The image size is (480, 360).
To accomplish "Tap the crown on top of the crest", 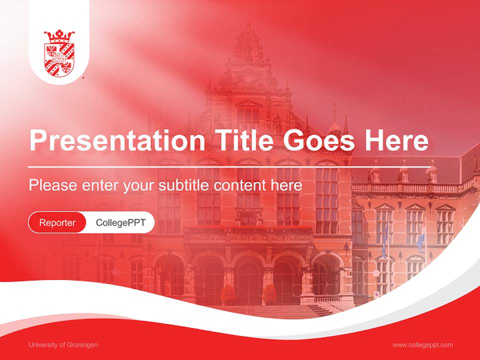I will tap(59, 36).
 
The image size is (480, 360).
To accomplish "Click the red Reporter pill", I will tap(57, 222).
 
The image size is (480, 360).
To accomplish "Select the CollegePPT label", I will tap(120, 222).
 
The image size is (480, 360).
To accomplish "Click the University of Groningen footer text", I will tap(63, 345).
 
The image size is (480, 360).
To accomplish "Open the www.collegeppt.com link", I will tap(422, 345).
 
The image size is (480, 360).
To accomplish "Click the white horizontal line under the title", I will tap(230, 166).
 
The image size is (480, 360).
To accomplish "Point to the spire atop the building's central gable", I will tap(248, 27).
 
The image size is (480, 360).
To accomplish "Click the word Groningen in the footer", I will tap(82, 345).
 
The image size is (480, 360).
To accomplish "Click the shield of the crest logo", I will tap(59, 59).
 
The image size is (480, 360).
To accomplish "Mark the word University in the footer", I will tap(42, 345).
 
